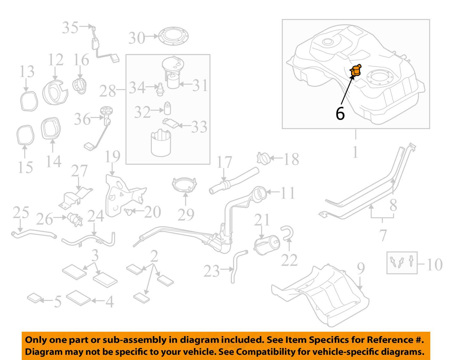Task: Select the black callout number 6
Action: pyautogui.click(x=340, y=113)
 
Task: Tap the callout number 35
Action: pyautogui.click(x=70, y=27)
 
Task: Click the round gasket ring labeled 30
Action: pyautogui.click(x=173, y=36)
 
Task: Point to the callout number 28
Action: pyautogui.click(x=107, y=91)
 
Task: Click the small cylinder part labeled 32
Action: pyautogui.click(x=167, y=109)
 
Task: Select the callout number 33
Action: pyautogui.click(x=199, y=127)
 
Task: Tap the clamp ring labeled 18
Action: pyautogui.click(x=263, y=158)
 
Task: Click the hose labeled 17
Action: pyautogui.click(x=234, y=180)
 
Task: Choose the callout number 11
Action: pyautogui.click(x=288, y=193)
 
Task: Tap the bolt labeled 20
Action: pyautogui.click(x=129, y=212)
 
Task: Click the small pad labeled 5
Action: pyautogui.click(x=34, y=298)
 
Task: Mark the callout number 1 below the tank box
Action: pyautogui.click(x=355, y=152)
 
